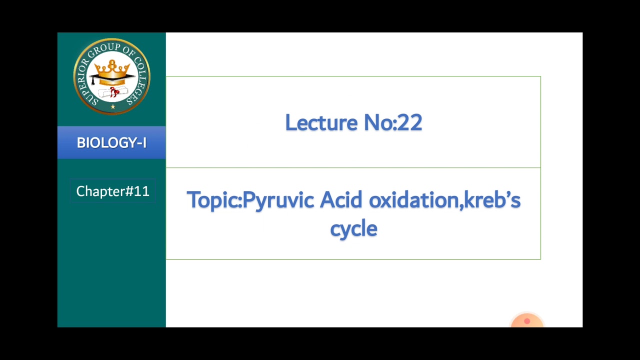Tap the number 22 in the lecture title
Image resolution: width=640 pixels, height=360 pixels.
410,123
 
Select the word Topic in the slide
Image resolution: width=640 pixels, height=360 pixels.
212,200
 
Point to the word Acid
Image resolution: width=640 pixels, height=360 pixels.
340,200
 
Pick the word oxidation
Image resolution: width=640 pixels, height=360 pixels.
413,200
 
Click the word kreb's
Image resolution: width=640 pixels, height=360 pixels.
492,200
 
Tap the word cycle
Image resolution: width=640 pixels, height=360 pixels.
353,229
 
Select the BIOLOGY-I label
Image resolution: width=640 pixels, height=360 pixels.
111,143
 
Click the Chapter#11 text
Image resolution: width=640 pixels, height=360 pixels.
112,191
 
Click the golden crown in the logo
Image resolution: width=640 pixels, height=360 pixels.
112,68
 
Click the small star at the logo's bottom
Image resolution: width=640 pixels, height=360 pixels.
113,106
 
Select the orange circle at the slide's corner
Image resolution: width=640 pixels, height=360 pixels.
527,321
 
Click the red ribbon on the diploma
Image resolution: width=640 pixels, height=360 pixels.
115,91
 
